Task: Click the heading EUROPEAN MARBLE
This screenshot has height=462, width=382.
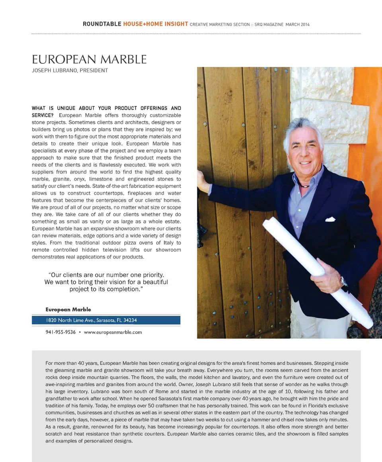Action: click(89, 60)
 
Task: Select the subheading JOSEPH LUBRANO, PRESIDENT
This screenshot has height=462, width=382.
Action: click(70, 70)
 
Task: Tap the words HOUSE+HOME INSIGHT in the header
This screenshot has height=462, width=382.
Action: click(156, 24)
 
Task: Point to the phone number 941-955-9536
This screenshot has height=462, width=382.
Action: click(60, 332)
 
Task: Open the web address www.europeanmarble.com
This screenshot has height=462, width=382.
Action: click(113, 332)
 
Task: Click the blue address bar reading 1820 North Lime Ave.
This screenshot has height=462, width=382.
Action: click(106, 320)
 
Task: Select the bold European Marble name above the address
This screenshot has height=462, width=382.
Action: click(68, 309)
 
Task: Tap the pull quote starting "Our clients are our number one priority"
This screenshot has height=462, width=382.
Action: click(106, 282)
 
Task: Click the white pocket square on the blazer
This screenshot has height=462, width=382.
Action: click(330, 219)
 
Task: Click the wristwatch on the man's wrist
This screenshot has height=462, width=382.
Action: click(343, 281)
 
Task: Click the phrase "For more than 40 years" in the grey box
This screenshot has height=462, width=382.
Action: click(72, 363)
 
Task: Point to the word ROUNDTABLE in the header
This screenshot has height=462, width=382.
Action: click(102, 24)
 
